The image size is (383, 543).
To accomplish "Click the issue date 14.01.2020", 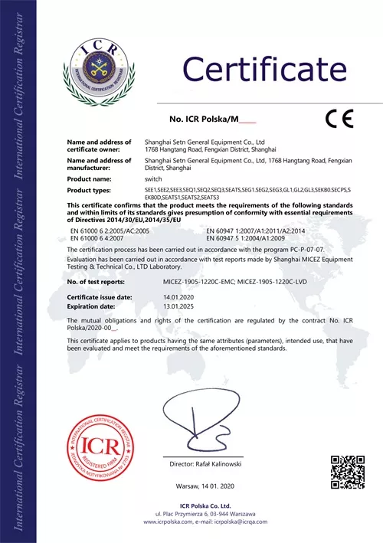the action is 177,296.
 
